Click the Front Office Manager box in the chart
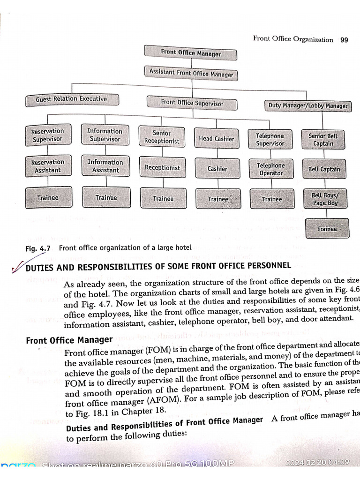(x=190, y=53)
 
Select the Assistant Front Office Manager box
(x=191, y=74)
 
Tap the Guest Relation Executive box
(x=72, y=99)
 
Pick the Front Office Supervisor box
(x=192, y=103)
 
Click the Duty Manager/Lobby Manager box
(x=308, y=105)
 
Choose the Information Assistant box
(x=105, y=166)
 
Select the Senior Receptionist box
(x=162, y=137)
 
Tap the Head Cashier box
(x=216, y=139)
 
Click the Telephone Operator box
(x=271, y=169)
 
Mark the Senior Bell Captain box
(x=323, y=140)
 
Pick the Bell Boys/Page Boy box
(x=324, y=199)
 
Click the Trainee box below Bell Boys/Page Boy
(x=327, y=229)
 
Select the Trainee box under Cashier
(x=218, y=199)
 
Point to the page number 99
(x=344, y=39)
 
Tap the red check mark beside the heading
(x=19, y=266)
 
